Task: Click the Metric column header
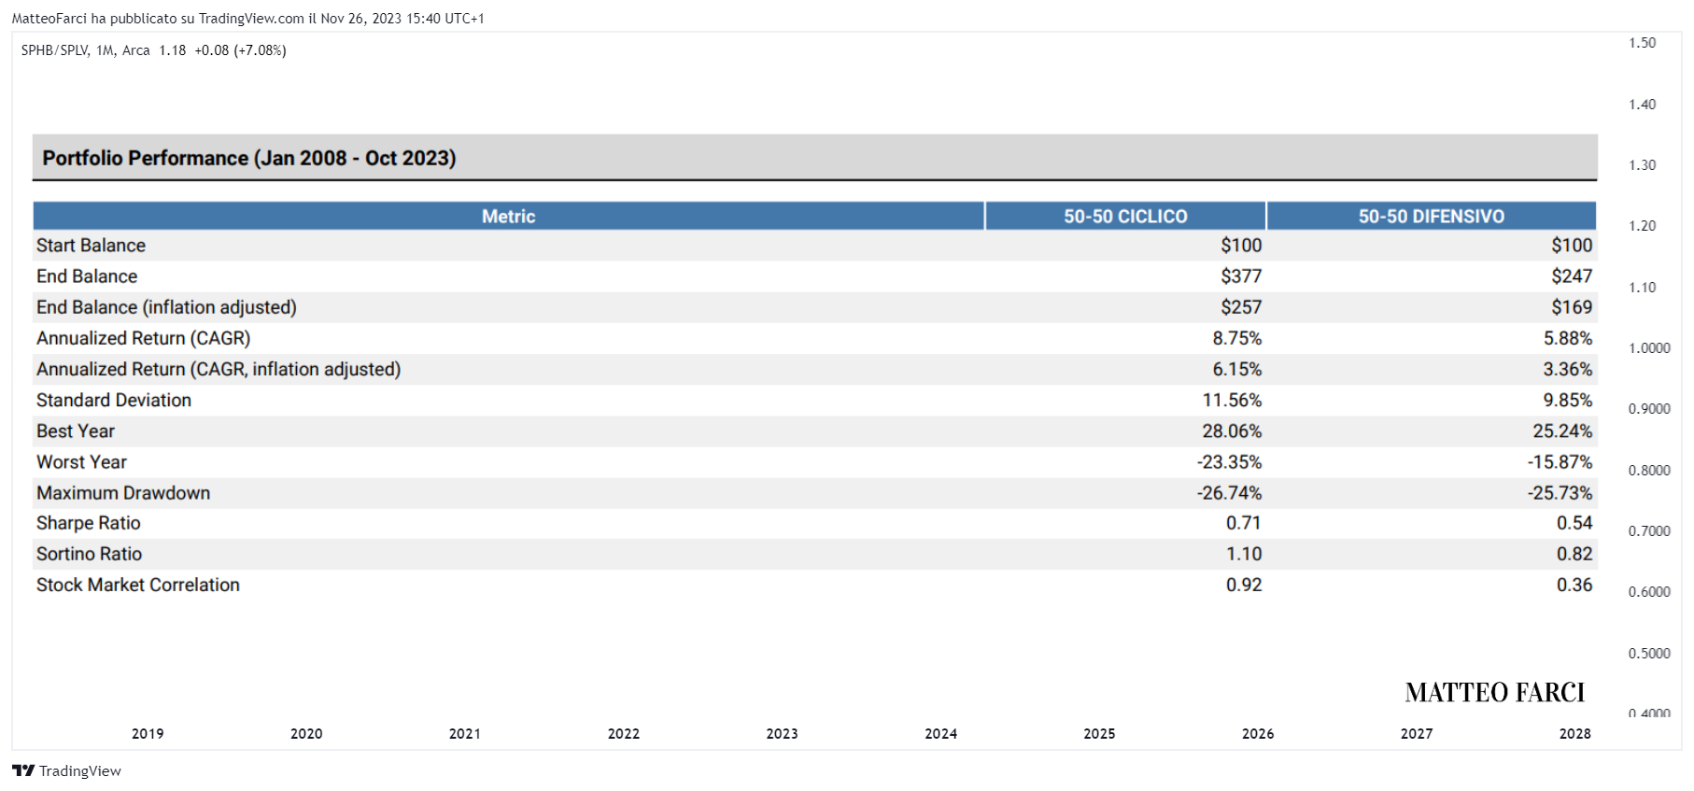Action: (x=508, y=217)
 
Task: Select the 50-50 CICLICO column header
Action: (x=1125, y=217)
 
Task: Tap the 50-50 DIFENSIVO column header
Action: (x=1432, y=217)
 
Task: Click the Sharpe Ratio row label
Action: (x=89, y=523)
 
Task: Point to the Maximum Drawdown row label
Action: (x=123, y=492)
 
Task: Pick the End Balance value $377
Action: (x=1241, y=276)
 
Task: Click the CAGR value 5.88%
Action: (x=1568, y=338)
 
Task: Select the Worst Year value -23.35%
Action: (x=1229, y=461)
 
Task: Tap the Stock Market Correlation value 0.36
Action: (x=1574, y=585)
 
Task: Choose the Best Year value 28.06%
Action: (x=1232, y=431)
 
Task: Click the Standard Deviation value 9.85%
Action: (x=1568, y=400)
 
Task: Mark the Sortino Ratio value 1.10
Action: (x=1244, y=554)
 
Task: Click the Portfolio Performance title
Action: (x=249, y=158)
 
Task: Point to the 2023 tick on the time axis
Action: (x=783, y=734)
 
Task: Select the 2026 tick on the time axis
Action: (x=1258, y=734)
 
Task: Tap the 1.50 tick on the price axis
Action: (x=1642, y=43)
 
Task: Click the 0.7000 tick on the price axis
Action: (x=1649, y=530)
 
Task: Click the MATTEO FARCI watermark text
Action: (x=1495, y=692)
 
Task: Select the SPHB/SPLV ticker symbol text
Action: (x=55, y=50)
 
